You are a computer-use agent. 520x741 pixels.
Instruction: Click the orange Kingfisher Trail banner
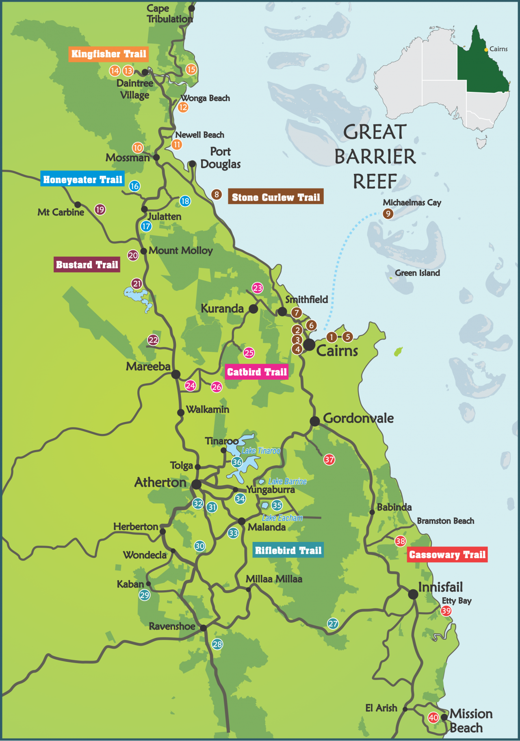pyautogui.click(x=108, y=54)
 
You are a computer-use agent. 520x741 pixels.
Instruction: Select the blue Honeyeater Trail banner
pyautogui.click(x=82, y=180)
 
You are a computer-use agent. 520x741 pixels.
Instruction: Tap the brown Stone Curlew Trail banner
pyautogui.click(x=276, y=197)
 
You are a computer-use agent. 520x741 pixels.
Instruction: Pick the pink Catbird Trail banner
pyautogui.click(x=257, y=372)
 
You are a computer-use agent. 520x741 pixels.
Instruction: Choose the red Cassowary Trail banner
pyautogui.click(x=447, y=555)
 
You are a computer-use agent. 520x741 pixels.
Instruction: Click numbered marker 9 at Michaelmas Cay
pyautogui.click(x=388, y=214)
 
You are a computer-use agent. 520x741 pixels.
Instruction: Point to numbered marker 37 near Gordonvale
pyautogui.click(x=329, y=459)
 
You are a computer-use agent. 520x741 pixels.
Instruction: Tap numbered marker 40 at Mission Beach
pyautogui.click(x=433, y=718)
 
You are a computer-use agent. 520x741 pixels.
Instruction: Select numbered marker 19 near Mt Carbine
pyautogui.click(x=100, y=210)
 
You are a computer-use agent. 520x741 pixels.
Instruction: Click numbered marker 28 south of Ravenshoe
pyautogui.click(x=217, y=644)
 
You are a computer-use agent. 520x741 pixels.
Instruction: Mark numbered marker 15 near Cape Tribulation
pyautogui.click(x=191, y=69)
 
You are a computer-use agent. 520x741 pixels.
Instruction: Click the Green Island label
pyautogui.click(x=417, y=273)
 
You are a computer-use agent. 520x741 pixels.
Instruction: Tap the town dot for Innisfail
pyautogui.click(x=413, y=594)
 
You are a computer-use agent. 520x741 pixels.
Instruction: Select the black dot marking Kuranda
pyautogui.click(x=253, y=309)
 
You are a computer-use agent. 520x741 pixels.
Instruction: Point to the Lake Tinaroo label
pyautogui.click(x=261, y=451)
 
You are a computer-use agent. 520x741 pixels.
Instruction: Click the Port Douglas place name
pyautogui.click(x=220, y=158)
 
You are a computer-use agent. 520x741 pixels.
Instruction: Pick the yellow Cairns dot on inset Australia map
pyautogui.click(x=486, y=50)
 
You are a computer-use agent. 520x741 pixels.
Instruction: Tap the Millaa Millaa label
pyautogui.click(x=274, y=579)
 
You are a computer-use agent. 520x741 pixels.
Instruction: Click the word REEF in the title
pyautogui.click(x=375, y=182)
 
